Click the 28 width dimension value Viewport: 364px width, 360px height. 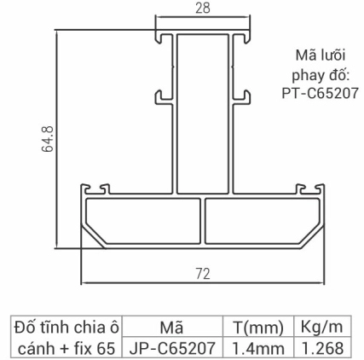[x=203, y=8]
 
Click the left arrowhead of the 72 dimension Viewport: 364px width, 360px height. [x=83, y=282]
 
